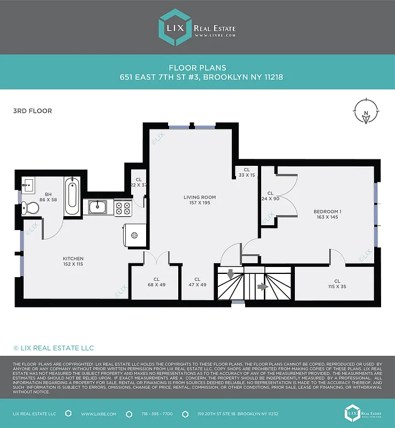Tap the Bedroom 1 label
327,215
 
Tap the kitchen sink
98,207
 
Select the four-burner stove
123,207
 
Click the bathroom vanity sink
28,185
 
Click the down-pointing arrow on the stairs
231,274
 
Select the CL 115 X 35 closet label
337,284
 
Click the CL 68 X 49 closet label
156,282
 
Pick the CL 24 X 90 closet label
270,196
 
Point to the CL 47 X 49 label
197,282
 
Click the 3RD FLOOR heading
32,111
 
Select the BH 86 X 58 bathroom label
48,197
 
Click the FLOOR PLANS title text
197,67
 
